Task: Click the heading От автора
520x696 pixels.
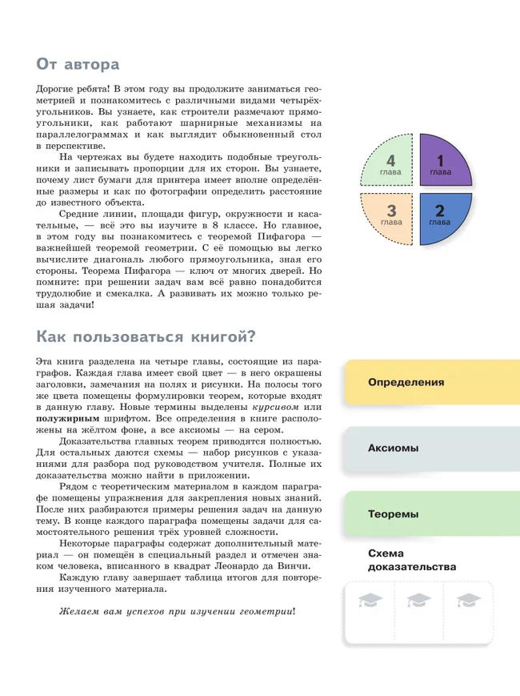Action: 78,63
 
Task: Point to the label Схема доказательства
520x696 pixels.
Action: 411,560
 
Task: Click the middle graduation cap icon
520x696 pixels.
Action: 419,601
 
